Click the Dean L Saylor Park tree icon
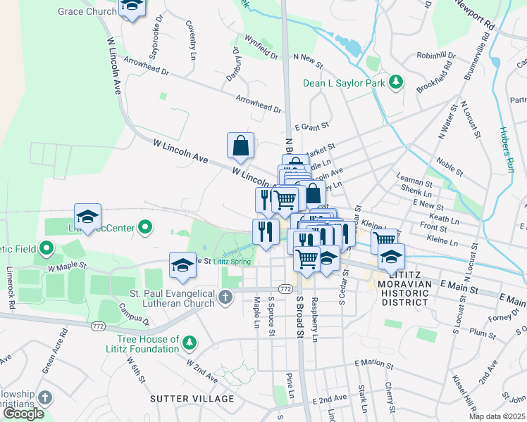(396, 83)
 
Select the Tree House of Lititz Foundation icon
(189, 343)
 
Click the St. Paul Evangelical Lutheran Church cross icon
(225, 297)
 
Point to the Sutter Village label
(192, 399)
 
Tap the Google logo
(23, 414)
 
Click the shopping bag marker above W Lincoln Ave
(240, 146)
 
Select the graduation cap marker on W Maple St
(182, 265)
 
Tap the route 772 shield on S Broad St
(285, 289)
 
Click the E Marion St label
(374, 363)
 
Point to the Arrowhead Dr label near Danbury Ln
(259, 103)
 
